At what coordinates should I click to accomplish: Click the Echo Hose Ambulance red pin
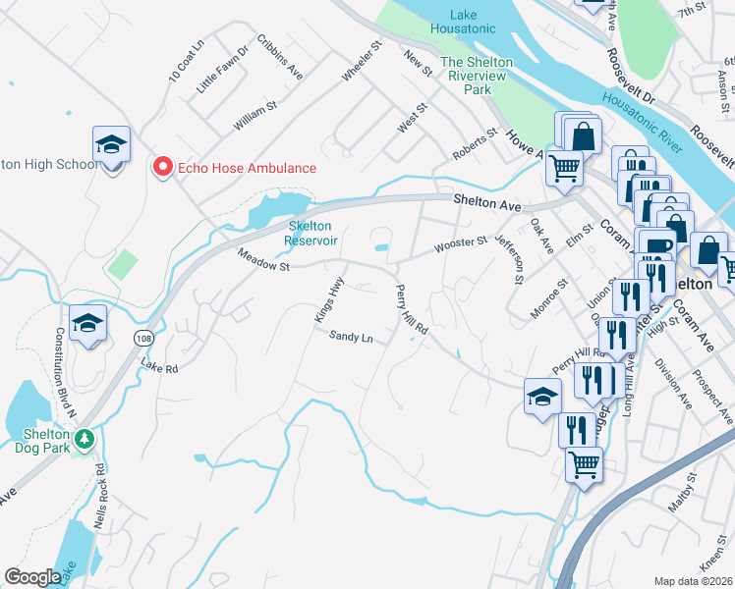point(163,168)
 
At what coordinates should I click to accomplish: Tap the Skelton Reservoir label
point(311,233)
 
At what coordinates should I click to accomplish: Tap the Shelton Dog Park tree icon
point(85,438)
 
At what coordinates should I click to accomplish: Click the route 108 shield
point(143,338)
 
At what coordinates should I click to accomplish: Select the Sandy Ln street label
point(351,337)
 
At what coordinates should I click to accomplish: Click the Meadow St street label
point(263,261)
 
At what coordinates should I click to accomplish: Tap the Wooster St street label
point(461,244)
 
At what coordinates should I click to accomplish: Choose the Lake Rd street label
point(158,368)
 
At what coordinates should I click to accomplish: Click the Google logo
point(32,576)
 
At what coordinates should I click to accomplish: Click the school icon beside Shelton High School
point(112,145)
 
